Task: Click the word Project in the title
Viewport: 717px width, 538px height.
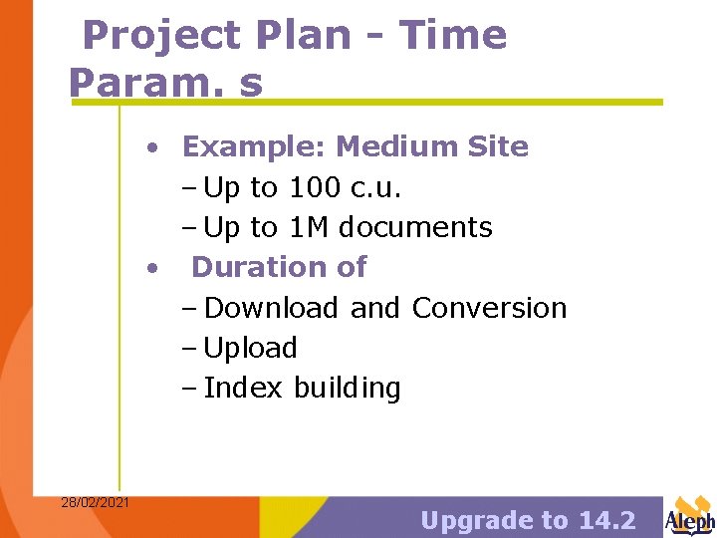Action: [162, 36]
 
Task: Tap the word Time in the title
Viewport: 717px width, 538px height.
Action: [453, 36]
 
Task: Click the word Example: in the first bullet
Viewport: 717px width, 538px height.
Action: [254, 147]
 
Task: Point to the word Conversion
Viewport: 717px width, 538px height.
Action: [489, 308]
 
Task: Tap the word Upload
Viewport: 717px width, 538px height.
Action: [250, 348]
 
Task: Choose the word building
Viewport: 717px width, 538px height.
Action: [348, 388]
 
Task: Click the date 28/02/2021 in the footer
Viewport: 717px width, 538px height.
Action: [95, 502]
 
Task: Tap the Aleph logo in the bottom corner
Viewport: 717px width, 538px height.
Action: [689, 516]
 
